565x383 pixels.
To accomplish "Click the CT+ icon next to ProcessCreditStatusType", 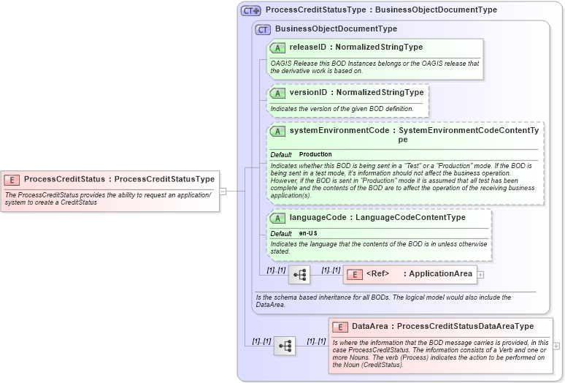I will pos(251,11).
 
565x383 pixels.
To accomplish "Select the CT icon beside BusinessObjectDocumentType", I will pos(263,29).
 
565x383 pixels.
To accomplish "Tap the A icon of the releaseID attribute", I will pos(277,48).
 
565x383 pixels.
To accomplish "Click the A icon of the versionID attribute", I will pos(277,94).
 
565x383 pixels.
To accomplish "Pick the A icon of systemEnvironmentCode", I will pos(277,132).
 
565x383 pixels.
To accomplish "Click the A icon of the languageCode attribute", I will pos(277,218).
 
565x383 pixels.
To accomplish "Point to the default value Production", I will pos(315,155).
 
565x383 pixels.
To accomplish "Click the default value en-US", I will pos(308,233).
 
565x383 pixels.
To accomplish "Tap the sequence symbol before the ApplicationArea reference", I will pos(299,275).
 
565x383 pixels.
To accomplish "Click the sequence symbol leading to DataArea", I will pos(285,346).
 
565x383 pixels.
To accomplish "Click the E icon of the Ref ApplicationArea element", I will pos(353,274).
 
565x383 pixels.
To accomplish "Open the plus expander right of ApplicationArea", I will pos(480,275).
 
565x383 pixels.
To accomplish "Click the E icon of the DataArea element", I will pos(339,327).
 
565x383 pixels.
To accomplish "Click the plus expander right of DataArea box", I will pos(557,346).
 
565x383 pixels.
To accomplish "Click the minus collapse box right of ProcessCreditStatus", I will pos(223,191).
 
